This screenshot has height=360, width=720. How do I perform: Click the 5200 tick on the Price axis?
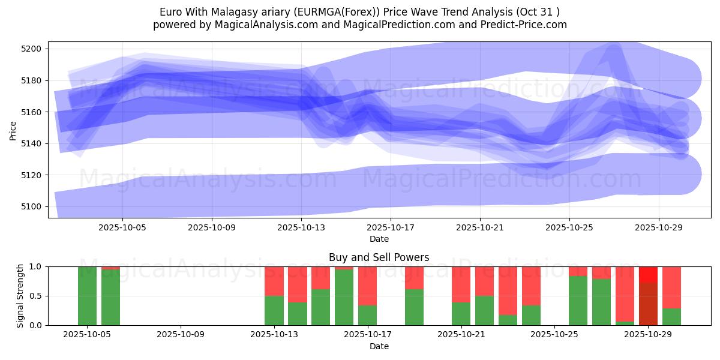pos(32,49)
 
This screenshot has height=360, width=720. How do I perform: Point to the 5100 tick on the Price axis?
pos(32,206)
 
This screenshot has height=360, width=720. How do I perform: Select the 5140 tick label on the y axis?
pos(32,143)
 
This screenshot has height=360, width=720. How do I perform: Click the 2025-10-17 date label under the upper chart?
pos(391,228)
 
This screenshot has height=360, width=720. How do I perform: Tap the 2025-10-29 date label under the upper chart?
pos(659,228)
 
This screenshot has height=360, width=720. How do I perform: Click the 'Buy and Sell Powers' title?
pos(379,257)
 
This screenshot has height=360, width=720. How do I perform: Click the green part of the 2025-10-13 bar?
pos(274,310)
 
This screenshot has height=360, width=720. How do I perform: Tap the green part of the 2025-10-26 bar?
pos(578,300)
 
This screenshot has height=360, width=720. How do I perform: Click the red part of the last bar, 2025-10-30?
pos(671,287)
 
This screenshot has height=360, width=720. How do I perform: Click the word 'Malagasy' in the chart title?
pos(229,12)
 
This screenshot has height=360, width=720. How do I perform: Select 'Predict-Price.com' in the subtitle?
pos(525,25)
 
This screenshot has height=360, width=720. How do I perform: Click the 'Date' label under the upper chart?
pos(379,239)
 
